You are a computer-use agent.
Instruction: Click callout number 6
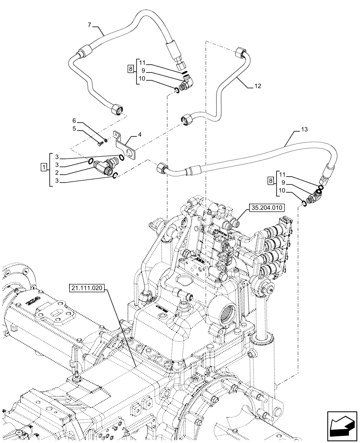tap(74, 120)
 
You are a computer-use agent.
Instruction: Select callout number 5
tap(74, 129)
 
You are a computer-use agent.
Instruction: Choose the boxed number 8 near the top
tap(130, 69)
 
